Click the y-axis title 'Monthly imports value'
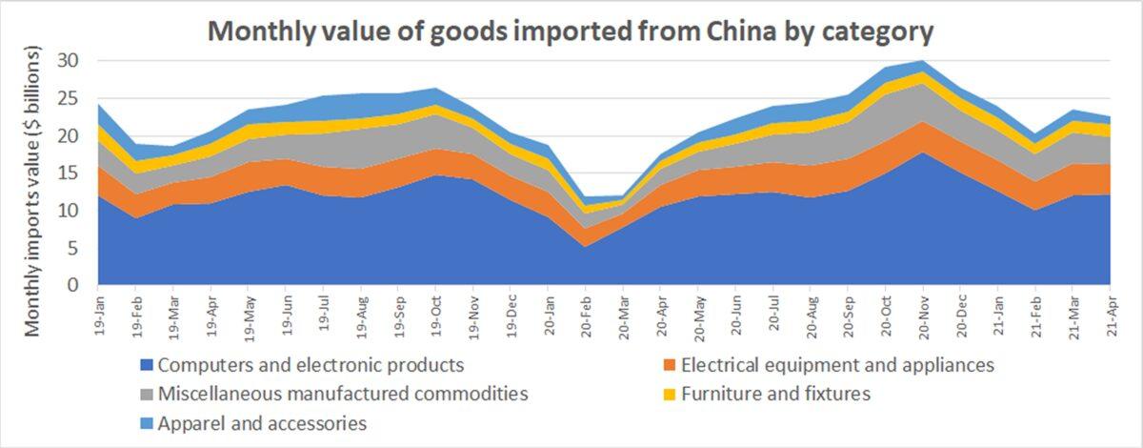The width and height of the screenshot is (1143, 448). [32, 191]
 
